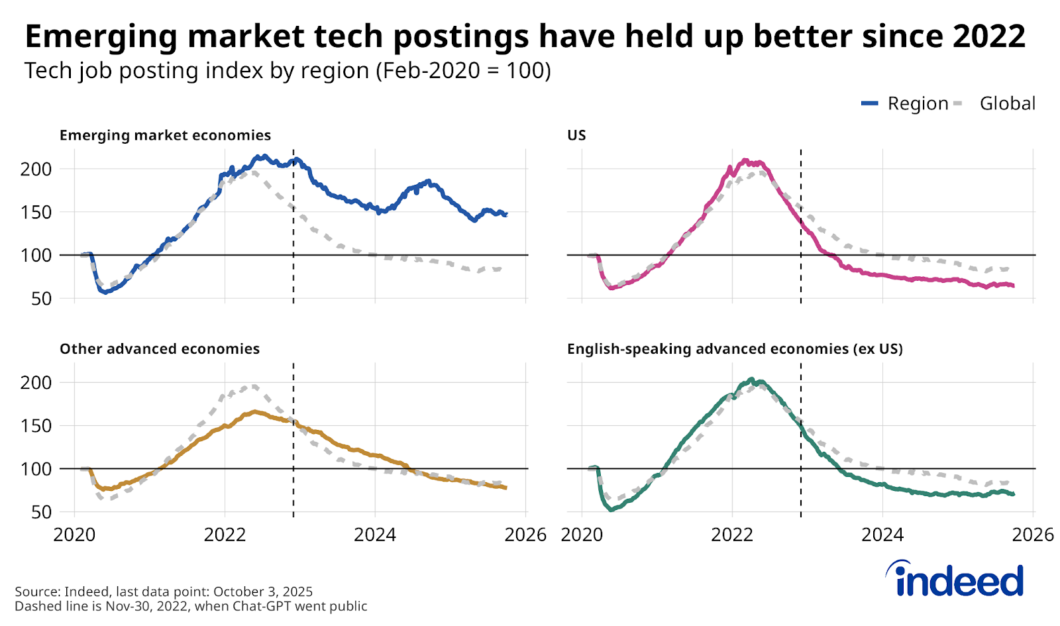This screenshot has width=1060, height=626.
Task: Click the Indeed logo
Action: (x=955, y=579)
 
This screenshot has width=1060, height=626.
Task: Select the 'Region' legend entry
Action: (x=918, y=103)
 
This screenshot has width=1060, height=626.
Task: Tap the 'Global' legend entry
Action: (x=1007, y=103)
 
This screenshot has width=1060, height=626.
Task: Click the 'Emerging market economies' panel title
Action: (x=165, y=135)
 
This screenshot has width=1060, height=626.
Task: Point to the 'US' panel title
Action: (x=576, y=135)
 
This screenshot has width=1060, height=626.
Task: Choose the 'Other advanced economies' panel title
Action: (x=160, y=349)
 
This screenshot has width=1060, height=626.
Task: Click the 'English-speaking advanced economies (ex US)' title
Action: (x=735, y=349)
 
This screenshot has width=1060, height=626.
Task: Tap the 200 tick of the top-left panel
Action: (x=36, y=169)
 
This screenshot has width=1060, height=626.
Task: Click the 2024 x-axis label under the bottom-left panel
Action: (x=375, y=535)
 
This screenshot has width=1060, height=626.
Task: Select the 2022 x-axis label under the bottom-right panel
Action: (x=732, y=535)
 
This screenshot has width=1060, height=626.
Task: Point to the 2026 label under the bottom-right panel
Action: (x=1033, y=535)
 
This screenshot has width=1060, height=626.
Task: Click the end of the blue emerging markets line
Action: (x=506, y=215)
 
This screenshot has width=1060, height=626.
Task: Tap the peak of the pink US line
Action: (x=745, y=161)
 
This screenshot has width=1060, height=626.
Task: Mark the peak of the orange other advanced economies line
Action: (x=255, y=411)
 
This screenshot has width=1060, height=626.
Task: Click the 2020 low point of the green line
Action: (x=611, y=509)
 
